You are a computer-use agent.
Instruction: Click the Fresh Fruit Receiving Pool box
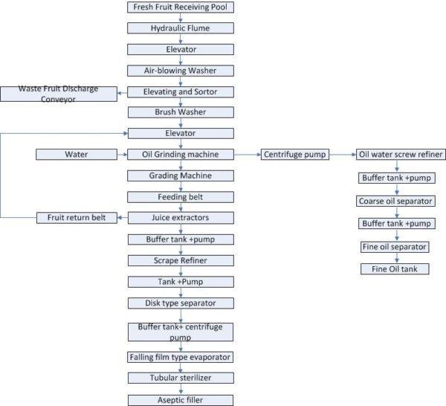[x=181, y=7]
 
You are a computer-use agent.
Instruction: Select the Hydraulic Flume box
[x=181, y=28]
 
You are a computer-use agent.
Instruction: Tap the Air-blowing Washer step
[x=181, y=71]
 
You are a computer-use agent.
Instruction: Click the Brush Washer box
[x=181, y=113]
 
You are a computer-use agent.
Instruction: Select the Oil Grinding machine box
[x=181, y=155]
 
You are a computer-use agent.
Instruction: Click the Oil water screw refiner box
[x=400, y=155]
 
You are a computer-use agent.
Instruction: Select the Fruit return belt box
[x=71, y=218]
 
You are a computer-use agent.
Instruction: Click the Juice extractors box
[x=181, y=218]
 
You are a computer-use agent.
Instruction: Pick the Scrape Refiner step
[x=181, y=261]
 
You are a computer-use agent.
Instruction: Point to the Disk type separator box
[x=181, y=303]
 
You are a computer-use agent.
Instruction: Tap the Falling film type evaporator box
[x=181, y=357]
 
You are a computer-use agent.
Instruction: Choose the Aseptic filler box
[x=181, y=399]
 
